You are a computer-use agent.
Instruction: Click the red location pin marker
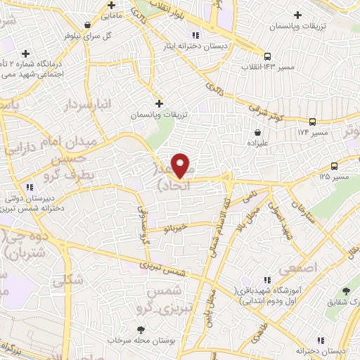181,165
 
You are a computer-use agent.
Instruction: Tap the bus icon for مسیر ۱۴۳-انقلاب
267,56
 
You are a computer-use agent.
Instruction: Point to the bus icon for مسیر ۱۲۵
333,167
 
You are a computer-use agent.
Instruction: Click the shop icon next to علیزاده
259,131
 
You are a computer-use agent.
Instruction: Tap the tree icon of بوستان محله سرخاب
142,329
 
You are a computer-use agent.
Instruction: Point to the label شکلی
67,279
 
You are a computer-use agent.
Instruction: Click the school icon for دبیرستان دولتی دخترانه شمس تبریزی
30,187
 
